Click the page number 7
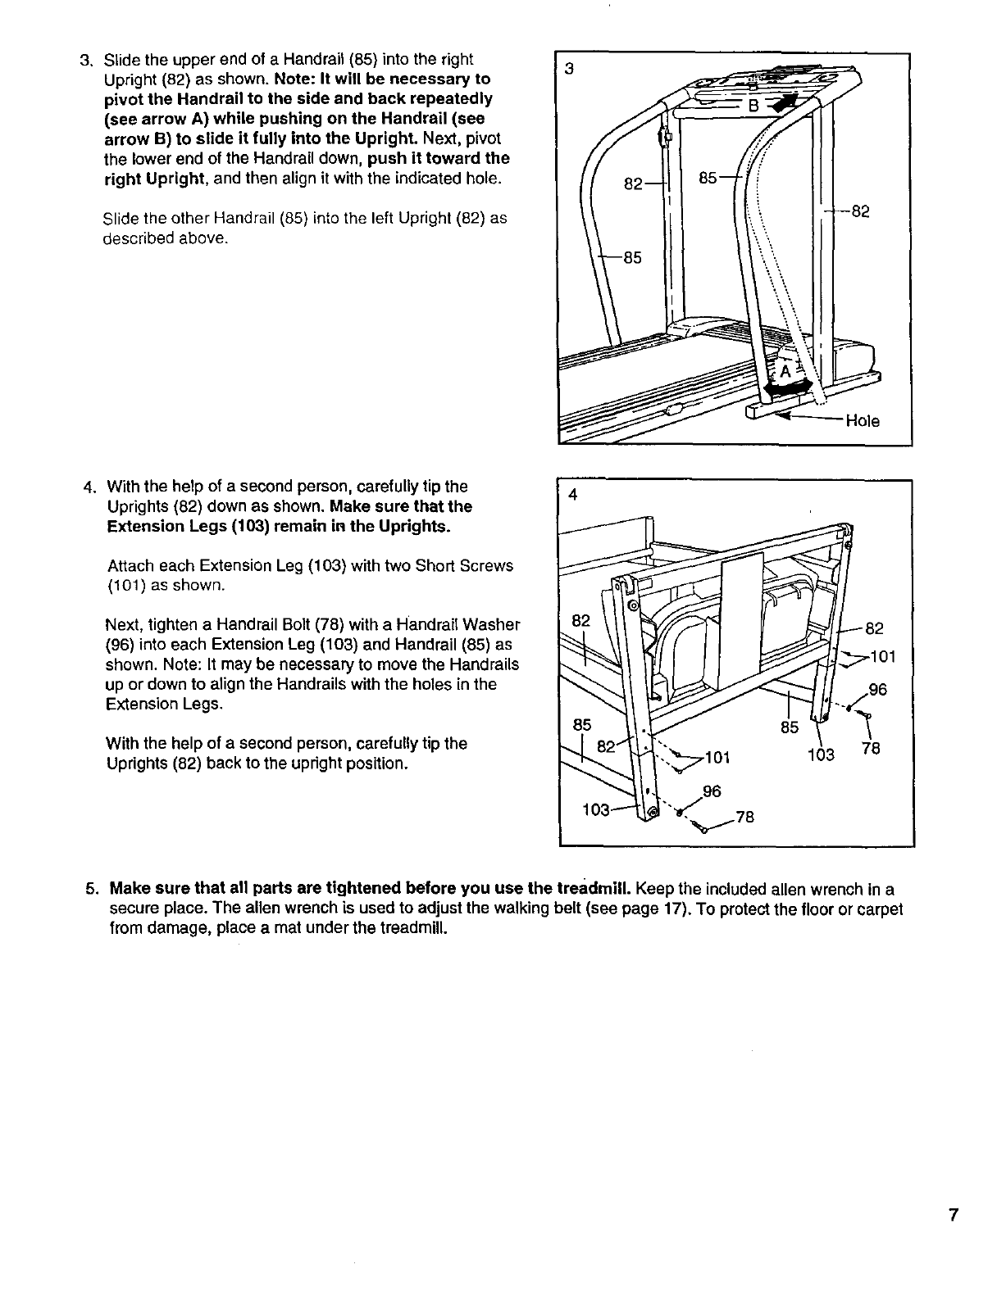click(x=953, y=1216)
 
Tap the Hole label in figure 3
click(x=863, y=421)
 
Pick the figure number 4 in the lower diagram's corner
click(x=573, y=495)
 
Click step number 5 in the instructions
click(x=92, y=890)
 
